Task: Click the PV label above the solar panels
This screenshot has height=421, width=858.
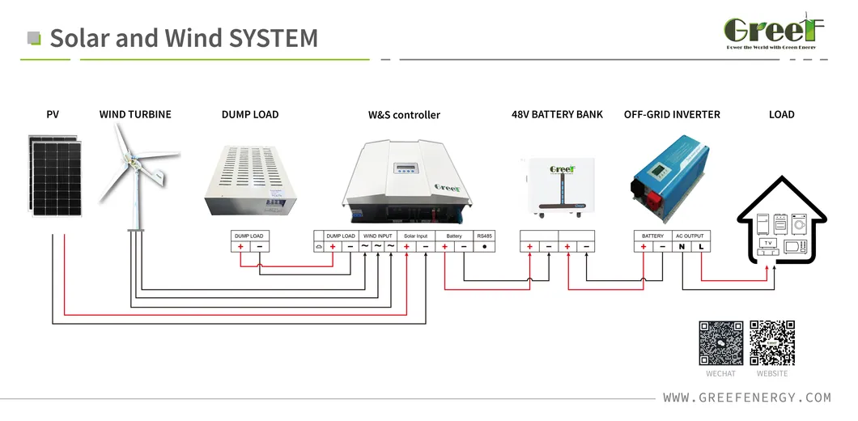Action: point(53,114)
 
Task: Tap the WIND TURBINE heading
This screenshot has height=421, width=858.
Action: point(135,114)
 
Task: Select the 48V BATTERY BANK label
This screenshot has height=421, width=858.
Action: point(557,114)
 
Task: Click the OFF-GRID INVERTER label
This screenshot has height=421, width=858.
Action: point(672,114)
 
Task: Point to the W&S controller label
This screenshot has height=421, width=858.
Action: point(404,115)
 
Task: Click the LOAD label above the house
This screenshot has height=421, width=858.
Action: point(781,114)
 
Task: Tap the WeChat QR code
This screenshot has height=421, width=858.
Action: point(720,343)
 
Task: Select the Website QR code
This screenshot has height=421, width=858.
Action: point(771,343)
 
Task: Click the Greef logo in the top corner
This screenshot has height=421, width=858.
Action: point(773,31)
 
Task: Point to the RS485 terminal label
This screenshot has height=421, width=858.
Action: point(484,236)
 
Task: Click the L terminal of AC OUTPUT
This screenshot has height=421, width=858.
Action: point(701,246)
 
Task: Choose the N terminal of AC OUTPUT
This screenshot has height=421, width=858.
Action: point(682,246)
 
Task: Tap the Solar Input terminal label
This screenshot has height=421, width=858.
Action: point(415,236)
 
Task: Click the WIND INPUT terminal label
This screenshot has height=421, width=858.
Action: point(377,236)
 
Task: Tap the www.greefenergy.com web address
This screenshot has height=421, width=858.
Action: point(746,398)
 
